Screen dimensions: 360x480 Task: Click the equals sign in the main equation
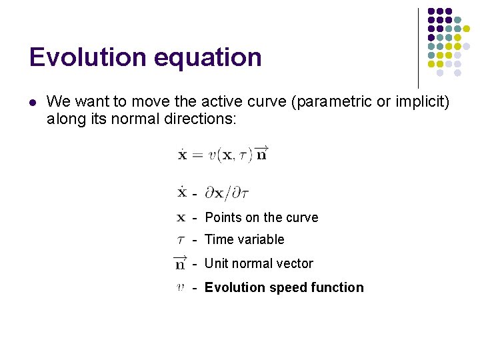(x=197, y=155)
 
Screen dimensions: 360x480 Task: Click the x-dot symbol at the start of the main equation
(x=182, y=155)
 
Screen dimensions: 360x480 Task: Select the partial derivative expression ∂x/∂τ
(x=227, y=194)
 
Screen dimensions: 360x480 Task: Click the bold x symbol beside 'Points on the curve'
(x=181, y=217)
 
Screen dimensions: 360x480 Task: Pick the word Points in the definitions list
(x=223, y=217)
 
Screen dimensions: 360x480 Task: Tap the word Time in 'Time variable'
(x=218, y=239)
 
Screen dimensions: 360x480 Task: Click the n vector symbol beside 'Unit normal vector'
(x=180, y=263)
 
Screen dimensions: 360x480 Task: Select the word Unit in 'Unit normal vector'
(x=217, y=263)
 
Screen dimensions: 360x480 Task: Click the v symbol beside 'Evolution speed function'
(x=181, y=288)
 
